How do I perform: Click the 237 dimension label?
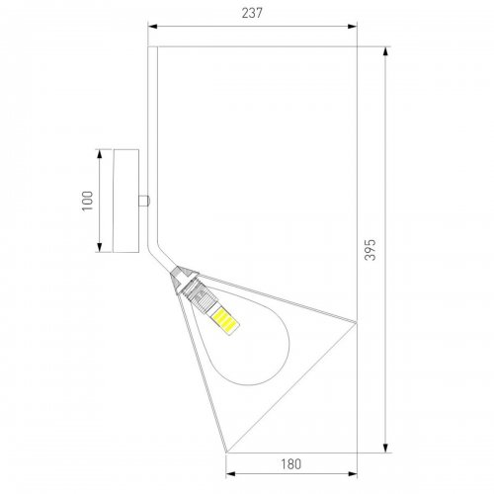point(252,13)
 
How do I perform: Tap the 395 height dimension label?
point(370,250)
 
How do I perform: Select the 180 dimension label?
point(291,464)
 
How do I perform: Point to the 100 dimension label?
point(88,201)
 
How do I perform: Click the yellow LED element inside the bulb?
point(225,321)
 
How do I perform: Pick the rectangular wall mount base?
point(125,201)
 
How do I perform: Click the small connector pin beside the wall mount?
point(143,201)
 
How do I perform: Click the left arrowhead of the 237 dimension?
point(152,27)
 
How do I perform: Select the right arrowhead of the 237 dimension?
point(353,27)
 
